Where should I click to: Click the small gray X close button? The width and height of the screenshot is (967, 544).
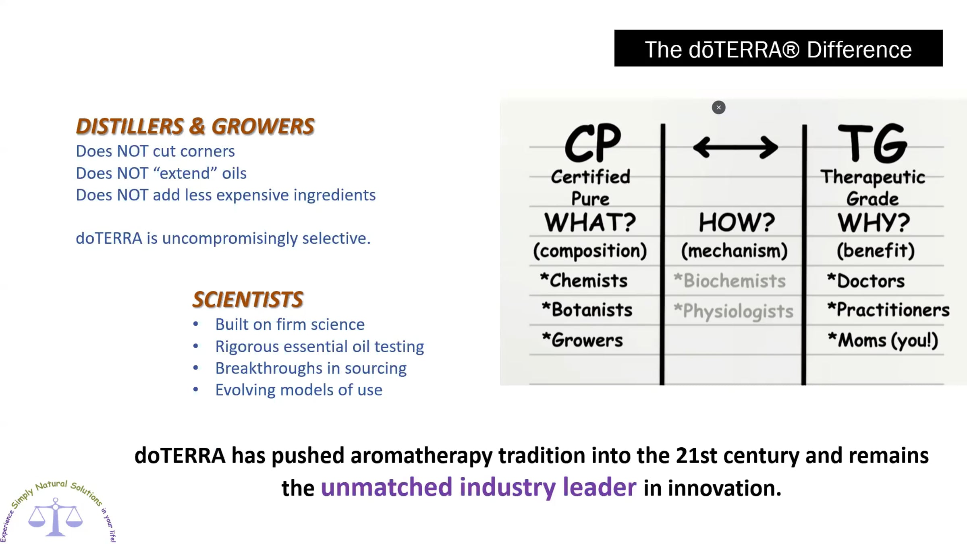point(718,108)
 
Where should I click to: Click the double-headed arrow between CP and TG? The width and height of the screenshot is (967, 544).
point(735,147)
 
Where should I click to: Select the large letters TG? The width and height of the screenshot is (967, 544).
point(873,143)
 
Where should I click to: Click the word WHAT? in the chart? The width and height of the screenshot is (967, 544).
point(590,222)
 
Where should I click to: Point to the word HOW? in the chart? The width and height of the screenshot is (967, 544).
point(737,222)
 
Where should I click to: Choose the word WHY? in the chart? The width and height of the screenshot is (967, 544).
point(874,222)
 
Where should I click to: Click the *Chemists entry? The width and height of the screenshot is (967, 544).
point(584,280)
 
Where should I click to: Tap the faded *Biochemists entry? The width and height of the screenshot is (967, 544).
point(730,280)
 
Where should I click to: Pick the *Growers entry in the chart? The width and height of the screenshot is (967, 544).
point(582,340)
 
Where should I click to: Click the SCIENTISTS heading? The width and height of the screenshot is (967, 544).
point(248,299)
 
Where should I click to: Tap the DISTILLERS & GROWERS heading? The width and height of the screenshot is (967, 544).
point(195,126)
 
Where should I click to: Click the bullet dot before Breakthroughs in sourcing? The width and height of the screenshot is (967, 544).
point(196,368)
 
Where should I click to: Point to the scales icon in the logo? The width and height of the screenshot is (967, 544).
point(56,517)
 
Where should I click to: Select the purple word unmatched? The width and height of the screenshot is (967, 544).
point(387,487)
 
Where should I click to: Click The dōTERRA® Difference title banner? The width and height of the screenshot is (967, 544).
point(778,48)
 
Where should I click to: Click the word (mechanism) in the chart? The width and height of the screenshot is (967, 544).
point(735,251)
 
